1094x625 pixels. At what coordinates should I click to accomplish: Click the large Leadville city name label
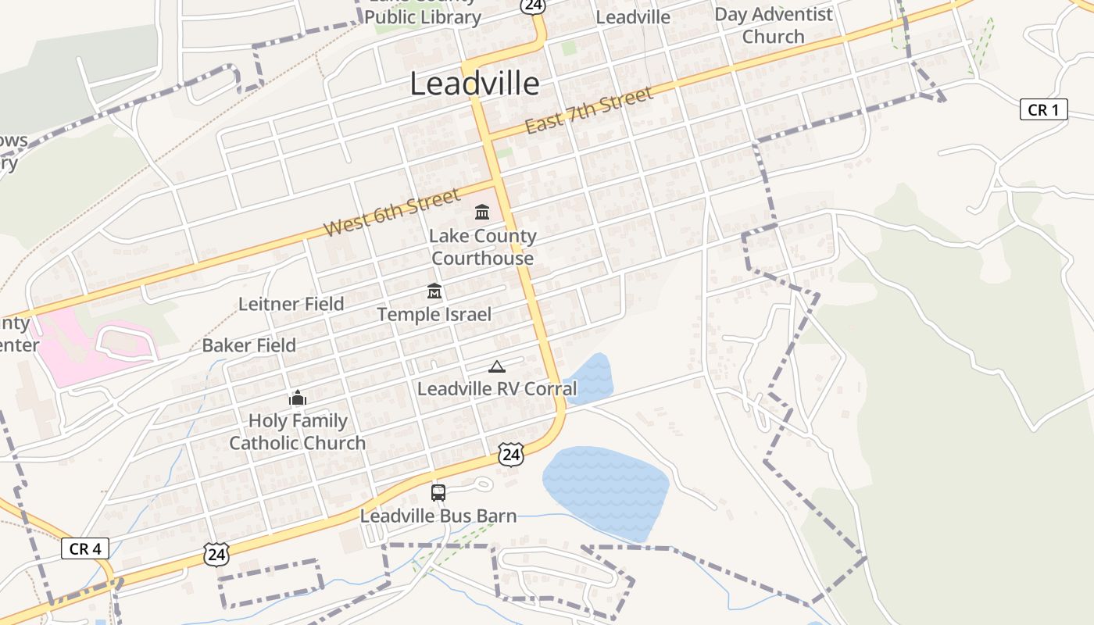[x=474, y=84]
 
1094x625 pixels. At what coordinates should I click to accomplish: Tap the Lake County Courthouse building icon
[x=482, y=212]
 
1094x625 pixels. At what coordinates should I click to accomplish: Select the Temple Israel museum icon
[x=434, y=291]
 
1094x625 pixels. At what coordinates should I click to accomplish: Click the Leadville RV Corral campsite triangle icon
[x=496, y=366]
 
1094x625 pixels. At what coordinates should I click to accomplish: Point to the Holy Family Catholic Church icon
[x=297, y=398]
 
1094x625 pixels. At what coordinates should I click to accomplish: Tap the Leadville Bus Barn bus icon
[x=438, y=493]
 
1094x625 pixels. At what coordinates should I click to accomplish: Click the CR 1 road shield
[x=1043, y=110]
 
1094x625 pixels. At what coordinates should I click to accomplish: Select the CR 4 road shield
[x=84, y=548]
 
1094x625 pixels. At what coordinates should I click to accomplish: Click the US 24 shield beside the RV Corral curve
[x=510, y=454]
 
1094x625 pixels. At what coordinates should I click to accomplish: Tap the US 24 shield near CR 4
[x=216, y=554]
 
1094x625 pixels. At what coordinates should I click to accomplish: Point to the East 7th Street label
[x=588, y=111]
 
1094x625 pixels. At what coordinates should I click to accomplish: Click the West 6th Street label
[x=392, y=212]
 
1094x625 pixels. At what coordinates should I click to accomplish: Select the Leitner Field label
[x=291, y=304]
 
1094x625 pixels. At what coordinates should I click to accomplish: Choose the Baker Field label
[x=248, y=345]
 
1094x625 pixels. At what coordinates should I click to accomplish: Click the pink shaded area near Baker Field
[x=78, y=348]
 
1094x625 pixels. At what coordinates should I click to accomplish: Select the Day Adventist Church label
[x=773, y=25]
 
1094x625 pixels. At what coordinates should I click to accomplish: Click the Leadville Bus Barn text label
[x=438, y=516]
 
